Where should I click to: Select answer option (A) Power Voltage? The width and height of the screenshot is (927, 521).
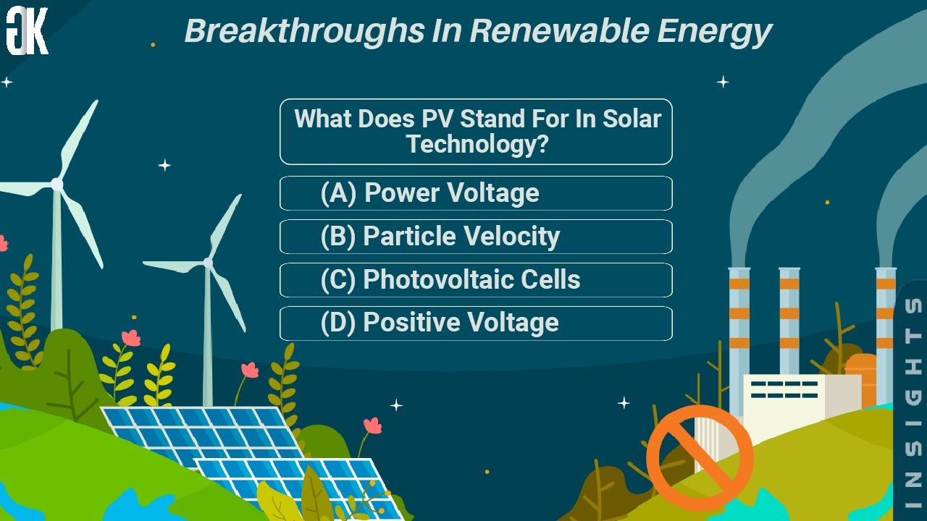tap(476, 193)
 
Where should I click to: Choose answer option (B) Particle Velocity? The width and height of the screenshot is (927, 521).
tap(476, 237)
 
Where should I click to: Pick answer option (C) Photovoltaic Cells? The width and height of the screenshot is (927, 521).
tap(476, 280)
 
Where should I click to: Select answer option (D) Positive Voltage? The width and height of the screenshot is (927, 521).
tap(476, 323)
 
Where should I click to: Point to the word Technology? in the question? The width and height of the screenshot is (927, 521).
tap(477, 144)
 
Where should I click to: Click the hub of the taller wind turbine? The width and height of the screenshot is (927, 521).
tap(56, 185)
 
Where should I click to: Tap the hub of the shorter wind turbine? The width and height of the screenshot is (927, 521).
tap(209, 263)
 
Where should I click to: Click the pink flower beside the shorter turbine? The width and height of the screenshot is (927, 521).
tap(250, 370)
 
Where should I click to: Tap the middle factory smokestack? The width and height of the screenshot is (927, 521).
tap(789, 318)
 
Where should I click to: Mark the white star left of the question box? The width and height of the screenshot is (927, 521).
tap(164, 166)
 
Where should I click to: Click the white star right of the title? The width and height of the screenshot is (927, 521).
tap(723, 82)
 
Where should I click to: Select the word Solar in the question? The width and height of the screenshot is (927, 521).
tap(632, 119)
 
